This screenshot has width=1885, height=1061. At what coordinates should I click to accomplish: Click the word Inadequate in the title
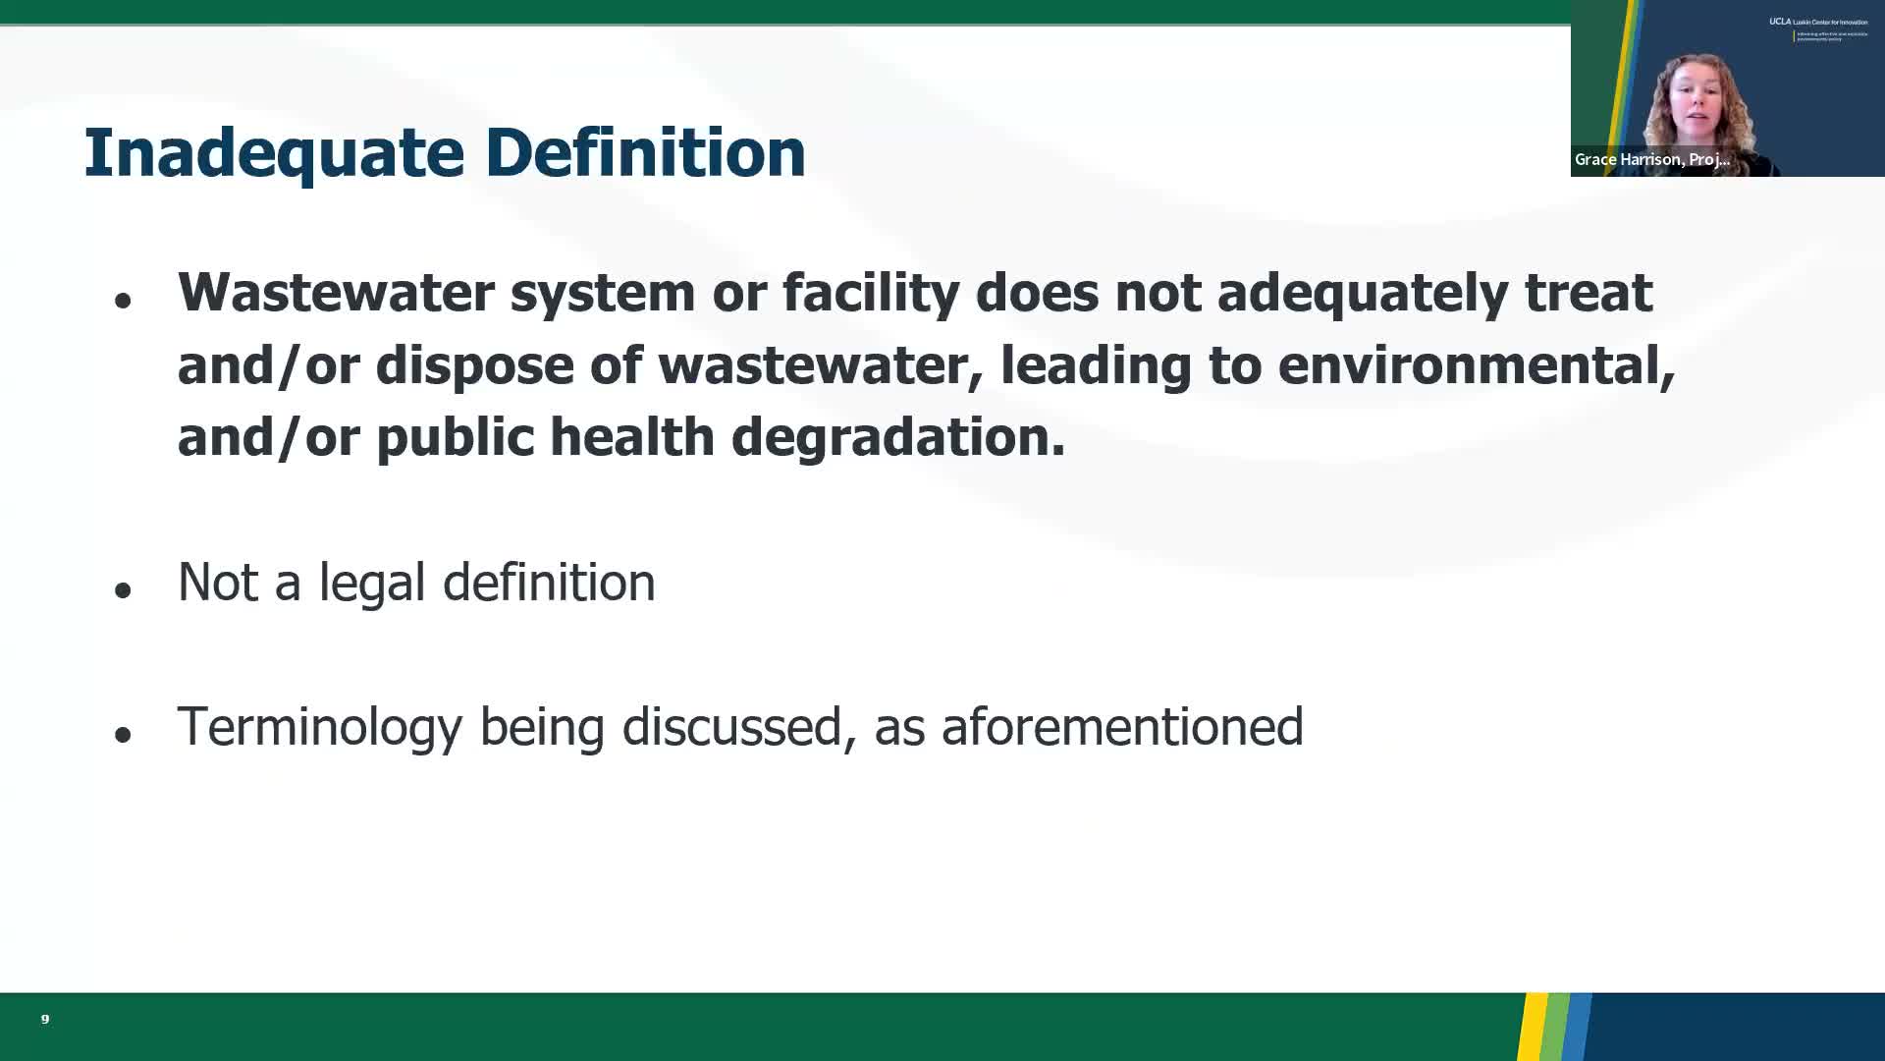(273, 153)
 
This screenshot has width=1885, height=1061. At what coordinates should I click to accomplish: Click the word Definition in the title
(645, 153)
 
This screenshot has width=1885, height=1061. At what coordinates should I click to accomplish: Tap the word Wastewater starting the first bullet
(335, 293)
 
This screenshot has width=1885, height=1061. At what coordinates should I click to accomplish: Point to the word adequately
(1362, 293)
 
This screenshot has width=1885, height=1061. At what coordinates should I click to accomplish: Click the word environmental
(1476, 365)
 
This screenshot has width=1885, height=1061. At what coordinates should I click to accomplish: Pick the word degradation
(897, 437)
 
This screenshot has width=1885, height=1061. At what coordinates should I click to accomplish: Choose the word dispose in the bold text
(474, 365)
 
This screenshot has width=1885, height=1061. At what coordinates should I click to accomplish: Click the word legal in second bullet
(371, 582)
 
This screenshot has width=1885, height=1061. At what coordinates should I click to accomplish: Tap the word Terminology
(319, 727)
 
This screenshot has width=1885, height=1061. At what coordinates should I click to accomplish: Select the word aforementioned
(1121, 727)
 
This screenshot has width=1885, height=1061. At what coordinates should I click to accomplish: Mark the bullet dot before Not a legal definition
(123, 590)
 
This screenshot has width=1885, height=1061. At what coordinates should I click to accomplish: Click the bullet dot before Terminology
(123, 735)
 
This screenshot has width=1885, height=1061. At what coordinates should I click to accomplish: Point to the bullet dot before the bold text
(123, 301)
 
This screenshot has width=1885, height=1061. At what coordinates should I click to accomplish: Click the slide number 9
(45, 1019)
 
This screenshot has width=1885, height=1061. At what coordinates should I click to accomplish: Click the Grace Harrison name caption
(1651, 159)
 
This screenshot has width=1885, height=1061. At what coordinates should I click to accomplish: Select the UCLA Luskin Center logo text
(1818, 22)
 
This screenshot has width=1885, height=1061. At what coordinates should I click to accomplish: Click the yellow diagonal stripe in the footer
(1533, 1027)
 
